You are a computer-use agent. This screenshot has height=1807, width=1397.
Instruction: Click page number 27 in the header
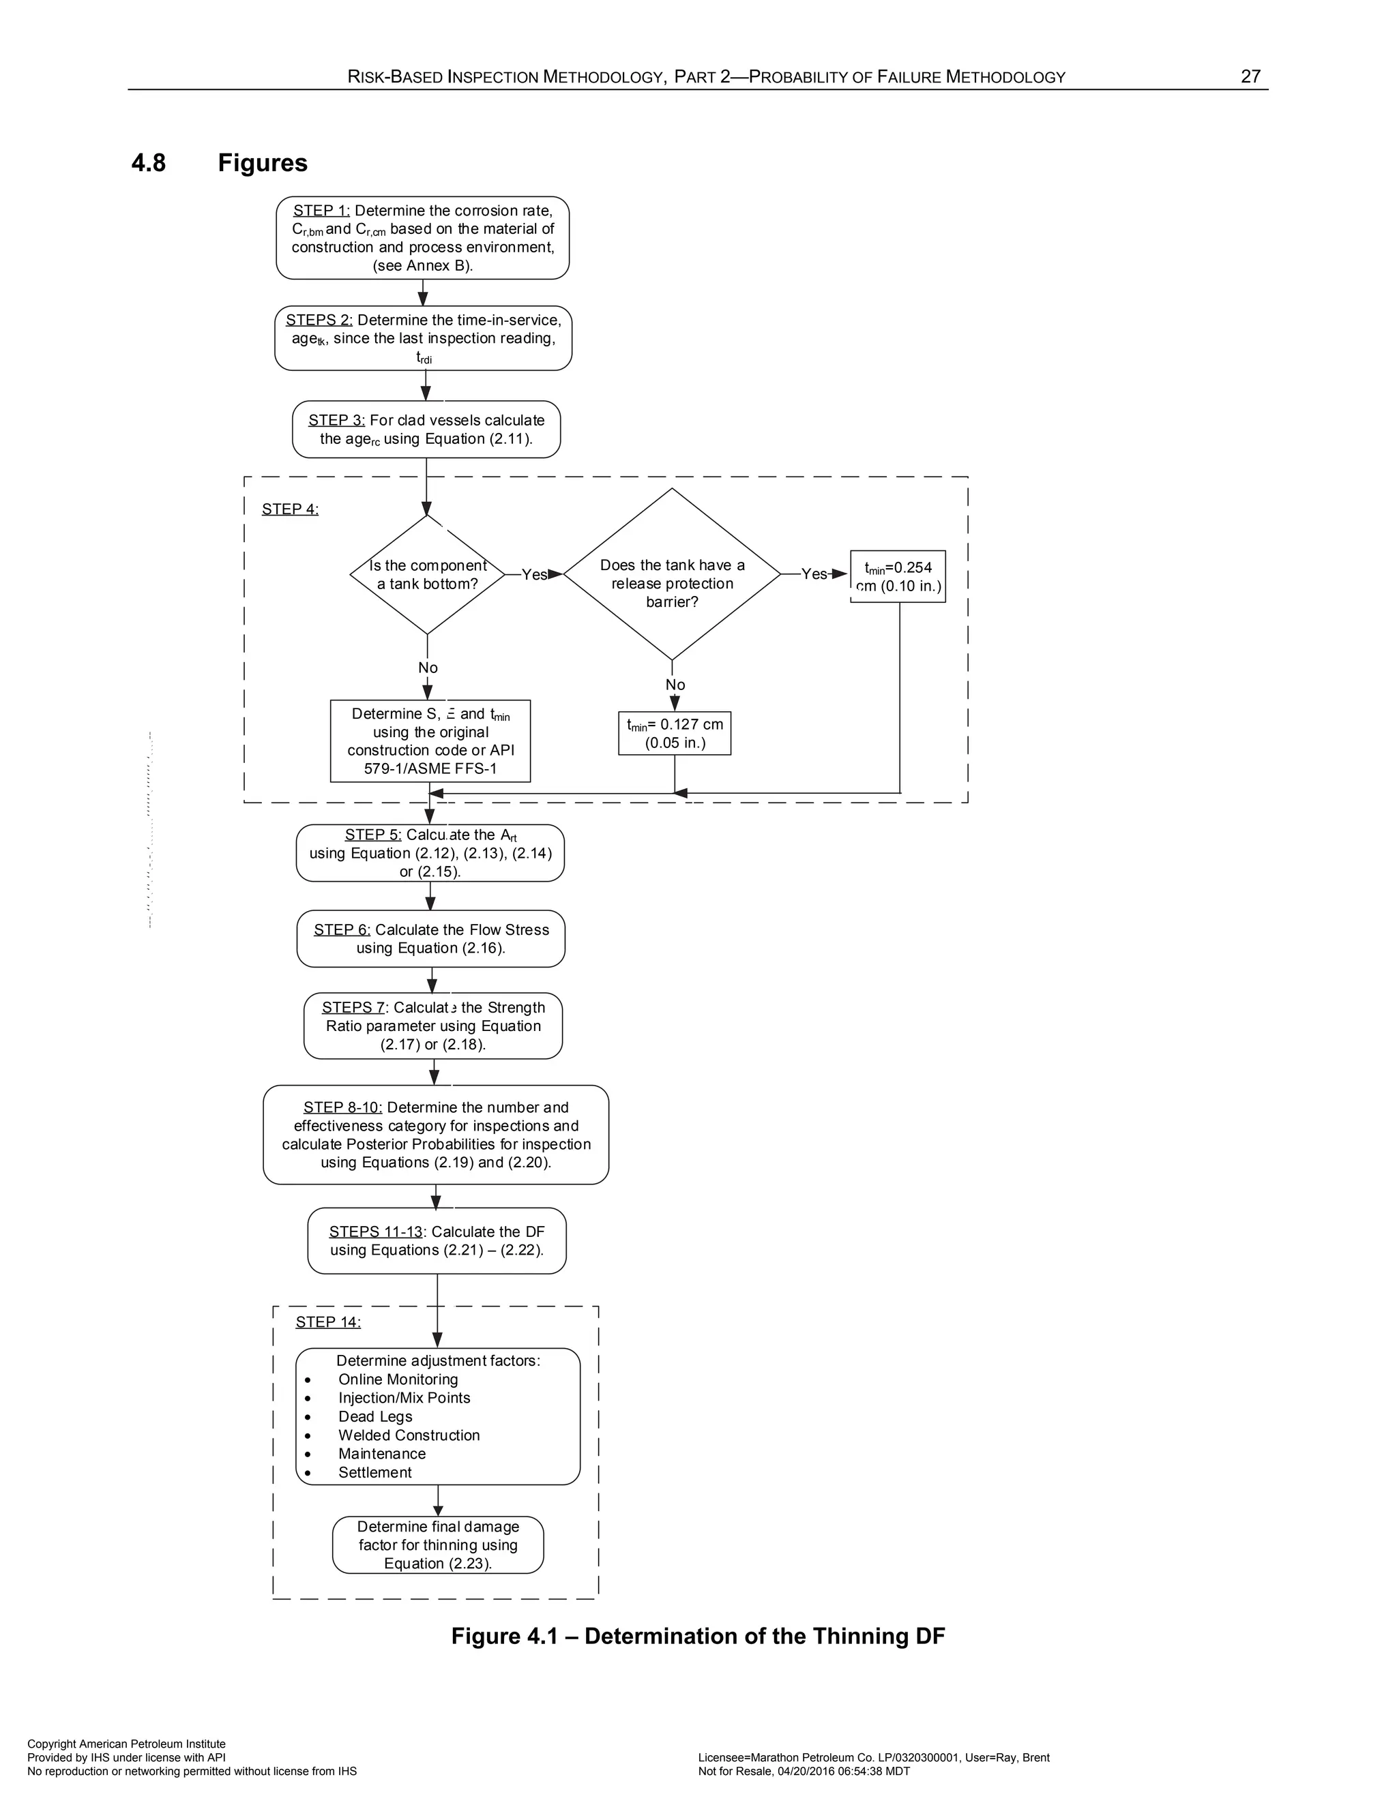click(x=1250, y=77)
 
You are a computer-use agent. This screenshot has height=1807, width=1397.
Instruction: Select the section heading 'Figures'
click(x=263, y=163)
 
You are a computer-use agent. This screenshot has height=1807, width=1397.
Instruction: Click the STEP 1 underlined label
click(x=321, y=211)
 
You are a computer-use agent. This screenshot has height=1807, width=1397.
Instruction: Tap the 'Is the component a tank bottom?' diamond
click(x=427, y=574)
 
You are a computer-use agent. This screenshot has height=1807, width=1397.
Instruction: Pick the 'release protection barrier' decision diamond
click(x=672, y=575)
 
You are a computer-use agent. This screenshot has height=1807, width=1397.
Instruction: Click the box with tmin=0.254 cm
click(x=898, y=577)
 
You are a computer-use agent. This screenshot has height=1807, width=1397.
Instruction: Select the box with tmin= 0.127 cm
click(x=675, y=733)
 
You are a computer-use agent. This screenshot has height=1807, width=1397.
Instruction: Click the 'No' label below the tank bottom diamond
click(x=428, y=668)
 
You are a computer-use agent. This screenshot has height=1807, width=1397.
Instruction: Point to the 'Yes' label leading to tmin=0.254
click(x=814, y=574)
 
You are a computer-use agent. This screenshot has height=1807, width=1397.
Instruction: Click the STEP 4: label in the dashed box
click(x=290, y=509)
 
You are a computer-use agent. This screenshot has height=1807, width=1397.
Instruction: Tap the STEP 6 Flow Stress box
click(x=431, y=938)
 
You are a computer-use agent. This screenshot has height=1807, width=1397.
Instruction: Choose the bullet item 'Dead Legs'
click(x=375, y=1416)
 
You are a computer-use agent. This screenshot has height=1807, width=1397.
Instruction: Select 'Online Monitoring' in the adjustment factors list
click(x=397, y=1379)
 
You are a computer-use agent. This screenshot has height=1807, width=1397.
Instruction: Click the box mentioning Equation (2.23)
click(x=438, y=1544)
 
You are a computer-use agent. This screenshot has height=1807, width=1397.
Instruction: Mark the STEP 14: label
click(x=327, y=1321)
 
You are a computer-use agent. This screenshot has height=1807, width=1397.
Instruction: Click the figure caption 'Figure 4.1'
click(x=698, y=1636)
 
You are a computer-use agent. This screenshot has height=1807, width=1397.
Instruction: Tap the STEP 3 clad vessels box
click(x=426, y=430)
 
